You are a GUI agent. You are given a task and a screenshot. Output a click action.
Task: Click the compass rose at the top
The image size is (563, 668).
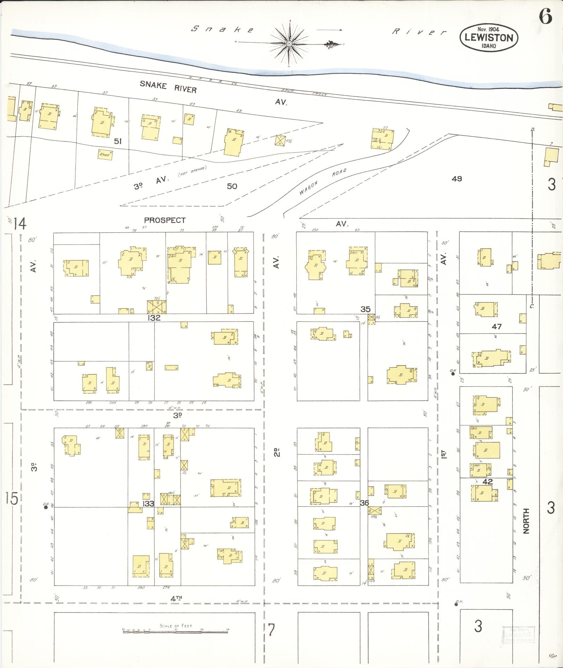pos(289,43)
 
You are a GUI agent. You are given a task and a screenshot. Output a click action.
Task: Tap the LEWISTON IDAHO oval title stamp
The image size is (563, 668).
pos(489,37)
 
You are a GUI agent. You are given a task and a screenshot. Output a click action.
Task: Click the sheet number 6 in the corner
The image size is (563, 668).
pos(546,16)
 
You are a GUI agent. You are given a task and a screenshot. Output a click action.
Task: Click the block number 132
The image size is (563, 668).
pos(154,318)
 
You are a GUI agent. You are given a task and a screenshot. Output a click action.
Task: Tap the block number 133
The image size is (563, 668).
pos(148,503)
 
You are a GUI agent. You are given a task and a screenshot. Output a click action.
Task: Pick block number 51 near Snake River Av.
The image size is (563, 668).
pos(118,141)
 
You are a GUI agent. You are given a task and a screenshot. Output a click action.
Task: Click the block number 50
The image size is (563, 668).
pos(232,186)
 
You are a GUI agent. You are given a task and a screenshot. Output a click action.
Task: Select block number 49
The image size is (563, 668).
pos(457,179)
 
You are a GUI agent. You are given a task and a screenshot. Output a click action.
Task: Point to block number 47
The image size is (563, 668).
pos(496,326)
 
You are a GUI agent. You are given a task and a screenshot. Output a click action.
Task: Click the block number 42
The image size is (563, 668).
pos(487,482)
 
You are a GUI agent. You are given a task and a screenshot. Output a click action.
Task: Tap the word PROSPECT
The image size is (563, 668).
pos(165,220)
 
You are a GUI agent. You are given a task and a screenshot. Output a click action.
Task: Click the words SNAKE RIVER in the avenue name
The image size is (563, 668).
pos(168,87)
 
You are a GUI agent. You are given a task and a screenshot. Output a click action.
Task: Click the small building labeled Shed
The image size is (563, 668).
pos(105,154)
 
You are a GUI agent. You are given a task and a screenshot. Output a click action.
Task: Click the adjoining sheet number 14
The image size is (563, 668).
pos(20,223)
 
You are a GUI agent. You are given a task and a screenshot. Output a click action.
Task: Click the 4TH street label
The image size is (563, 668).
pos(176,598)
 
